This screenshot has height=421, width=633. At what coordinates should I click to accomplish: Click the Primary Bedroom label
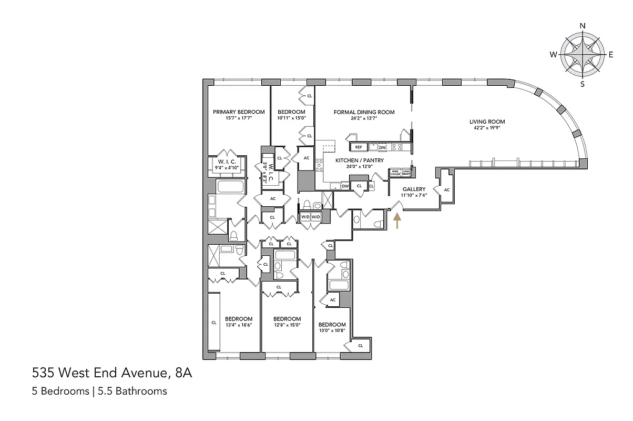(x=239, y=112)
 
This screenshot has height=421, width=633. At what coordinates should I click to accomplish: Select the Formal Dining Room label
(x=364, y=112)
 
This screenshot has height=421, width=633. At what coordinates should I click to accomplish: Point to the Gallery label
(x=414, y=189)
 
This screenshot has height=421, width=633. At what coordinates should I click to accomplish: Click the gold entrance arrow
(x=397, y=220)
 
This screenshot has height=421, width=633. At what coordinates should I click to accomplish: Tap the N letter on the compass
(x=582, y=26)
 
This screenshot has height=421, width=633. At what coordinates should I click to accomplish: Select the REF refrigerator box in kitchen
(x=358, y=147)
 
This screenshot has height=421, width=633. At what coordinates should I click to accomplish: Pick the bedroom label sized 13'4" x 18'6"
(x=239, y=319)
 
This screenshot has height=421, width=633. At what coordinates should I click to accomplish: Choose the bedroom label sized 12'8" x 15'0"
(x=287, y=319)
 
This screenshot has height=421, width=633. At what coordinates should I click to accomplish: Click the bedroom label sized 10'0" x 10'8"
(x=332, y=325)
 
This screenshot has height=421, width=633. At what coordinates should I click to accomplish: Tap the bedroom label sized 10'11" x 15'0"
(x=291, y=112)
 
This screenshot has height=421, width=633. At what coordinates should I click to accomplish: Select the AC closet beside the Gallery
(x=447, y=190)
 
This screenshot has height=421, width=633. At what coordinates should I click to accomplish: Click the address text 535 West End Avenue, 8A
(x=112, y=374)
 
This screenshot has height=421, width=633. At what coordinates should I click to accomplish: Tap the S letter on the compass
(x=582, y=84)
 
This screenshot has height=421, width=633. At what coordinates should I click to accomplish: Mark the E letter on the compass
(x=611, y=55)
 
